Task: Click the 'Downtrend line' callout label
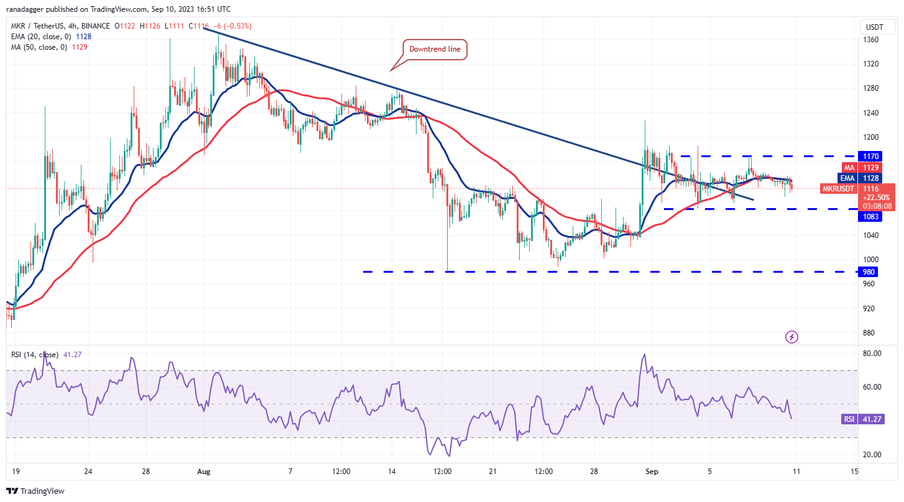point(435,50)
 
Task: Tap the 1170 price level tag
point(869,156)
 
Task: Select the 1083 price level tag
point(869,216)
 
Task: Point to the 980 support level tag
point(868,272)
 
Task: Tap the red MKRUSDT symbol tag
point(839,188)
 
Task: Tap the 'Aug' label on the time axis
point(204,472)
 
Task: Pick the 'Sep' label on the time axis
point(652,472)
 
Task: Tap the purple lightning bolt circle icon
point(791,337)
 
